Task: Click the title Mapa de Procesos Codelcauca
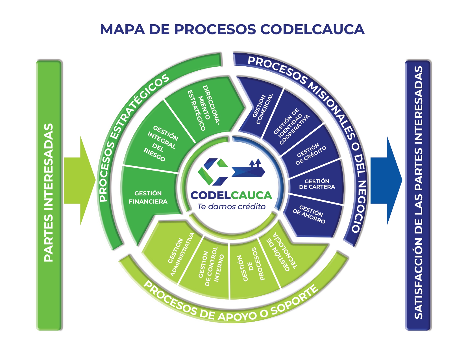point(232,29)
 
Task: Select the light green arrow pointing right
point(79,181)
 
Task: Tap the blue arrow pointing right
point(386,181)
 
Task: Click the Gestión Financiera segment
point(148,197)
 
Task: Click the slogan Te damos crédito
point(231,207)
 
